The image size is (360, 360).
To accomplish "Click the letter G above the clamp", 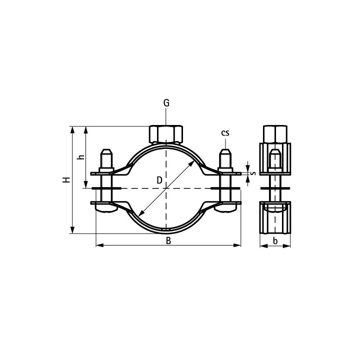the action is tap(166, 103).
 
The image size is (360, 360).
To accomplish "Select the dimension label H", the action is tap(66, 180).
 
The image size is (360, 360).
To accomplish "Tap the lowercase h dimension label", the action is tap(81, 157).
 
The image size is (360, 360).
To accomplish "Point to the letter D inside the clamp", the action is tap(159, 180).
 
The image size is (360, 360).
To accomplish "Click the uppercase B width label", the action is tap(168, 241).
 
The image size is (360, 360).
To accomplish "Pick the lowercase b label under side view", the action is tap(275, 241).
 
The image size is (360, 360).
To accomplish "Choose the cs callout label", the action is tap(225, 133).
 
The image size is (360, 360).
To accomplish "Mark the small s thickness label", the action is tap(253, 173).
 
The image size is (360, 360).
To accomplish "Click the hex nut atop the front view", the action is tap(166, 134).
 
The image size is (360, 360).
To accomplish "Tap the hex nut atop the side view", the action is tap(275, 134).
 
